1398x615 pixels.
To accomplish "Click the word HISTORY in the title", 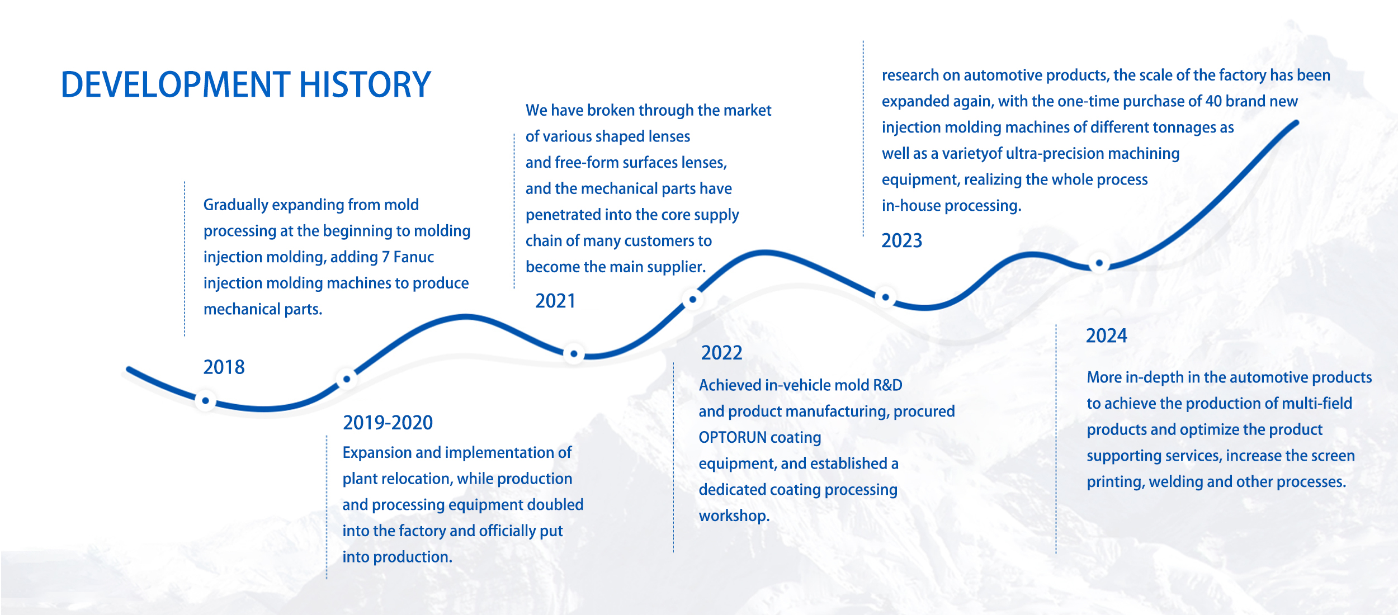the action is coord(365,85).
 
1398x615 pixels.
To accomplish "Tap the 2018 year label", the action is coord(224,367).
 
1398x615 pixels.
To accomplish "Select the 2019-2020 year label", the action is coord(388,423).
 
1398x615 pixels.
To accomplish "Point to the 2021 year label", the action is coord(555,301).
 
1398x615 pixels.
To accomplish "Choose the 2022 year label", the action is coord(721,353).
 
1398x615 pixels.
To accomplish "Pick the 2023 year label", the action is coord(901,240).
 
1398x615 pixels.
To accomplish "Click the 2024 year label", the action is coord(1106,335).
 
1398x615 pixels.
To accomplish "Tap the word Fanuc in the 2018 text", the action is coord(413,257).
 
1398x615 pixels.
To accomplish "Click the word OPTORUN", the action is coord(732,437).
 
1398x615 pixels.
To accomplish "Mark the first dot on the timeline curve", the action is coord(205,400).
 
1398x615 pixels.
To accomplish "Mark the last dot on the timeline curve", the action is coord(1099,263).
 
